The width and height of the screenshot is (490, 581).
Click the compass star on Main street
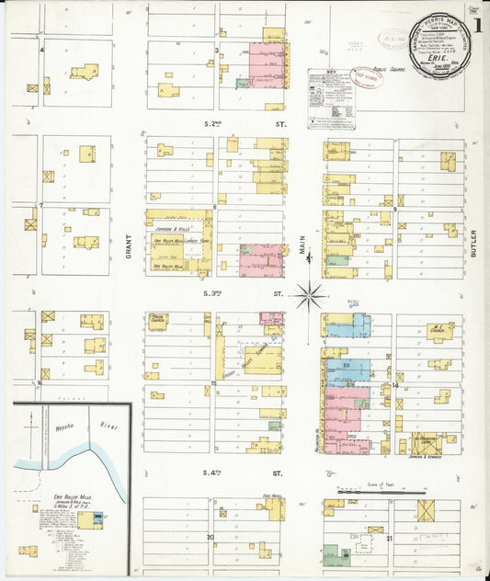click(x=310, y=295)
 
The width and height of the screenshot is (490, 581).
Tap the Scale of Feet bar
click(x=382, y=493)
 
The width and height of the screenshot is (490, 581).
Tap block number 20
click(x=210, y=537)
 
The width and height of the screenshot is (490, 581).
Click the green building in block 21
click(x=330, y=554)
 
